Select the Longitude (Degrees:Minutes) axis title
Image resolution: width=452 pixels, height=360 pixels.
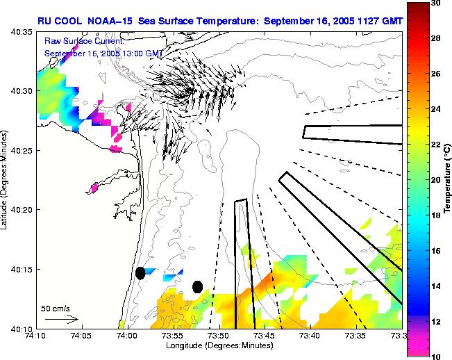[x=219, y=345]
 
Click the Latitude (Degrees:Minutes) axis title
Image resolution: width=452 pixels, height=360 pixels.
[x=6, y=180]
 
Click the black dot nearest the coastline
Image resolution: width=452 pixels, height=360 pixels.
[x=140, y=273]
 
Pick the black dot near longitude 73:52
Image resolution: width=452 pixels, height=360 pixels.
[x=197, y=286]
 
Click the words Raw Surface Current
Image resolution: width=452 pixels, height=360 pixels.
[x=76, y=42]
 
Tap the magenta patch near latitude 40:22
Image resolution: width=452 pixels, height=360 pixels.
[x=94, y=187]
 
